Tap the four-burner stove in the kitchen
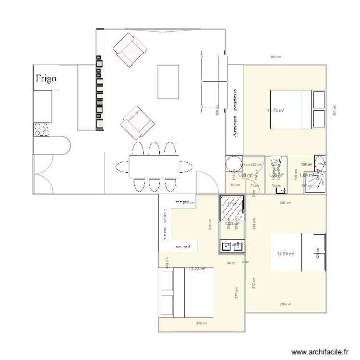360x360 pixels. tap(41, 129)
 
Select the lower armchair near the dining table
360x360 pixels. tap(137, 122)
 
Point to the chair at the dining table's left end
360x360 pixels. tap(121, 168)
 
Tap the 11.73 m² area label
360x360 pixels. tap(276, 110)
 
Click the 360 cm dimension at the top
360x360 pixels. tap(276, 57)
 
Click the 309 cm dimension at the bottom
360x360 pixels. tap(202, 323)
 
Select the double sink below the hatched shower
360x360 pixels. tap(233, 247)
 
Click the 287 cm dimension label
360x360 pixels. tap(286, 203)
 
